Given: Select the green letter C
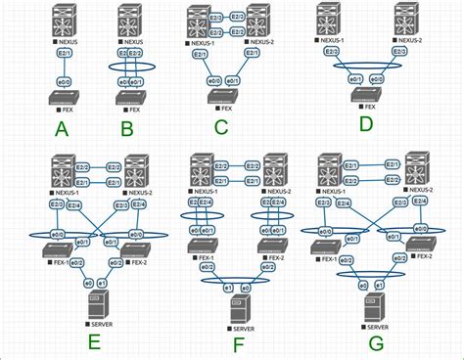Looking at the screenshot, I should [221, 125].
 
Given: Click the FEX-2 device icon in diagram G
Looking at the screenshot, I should [422, 247].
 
